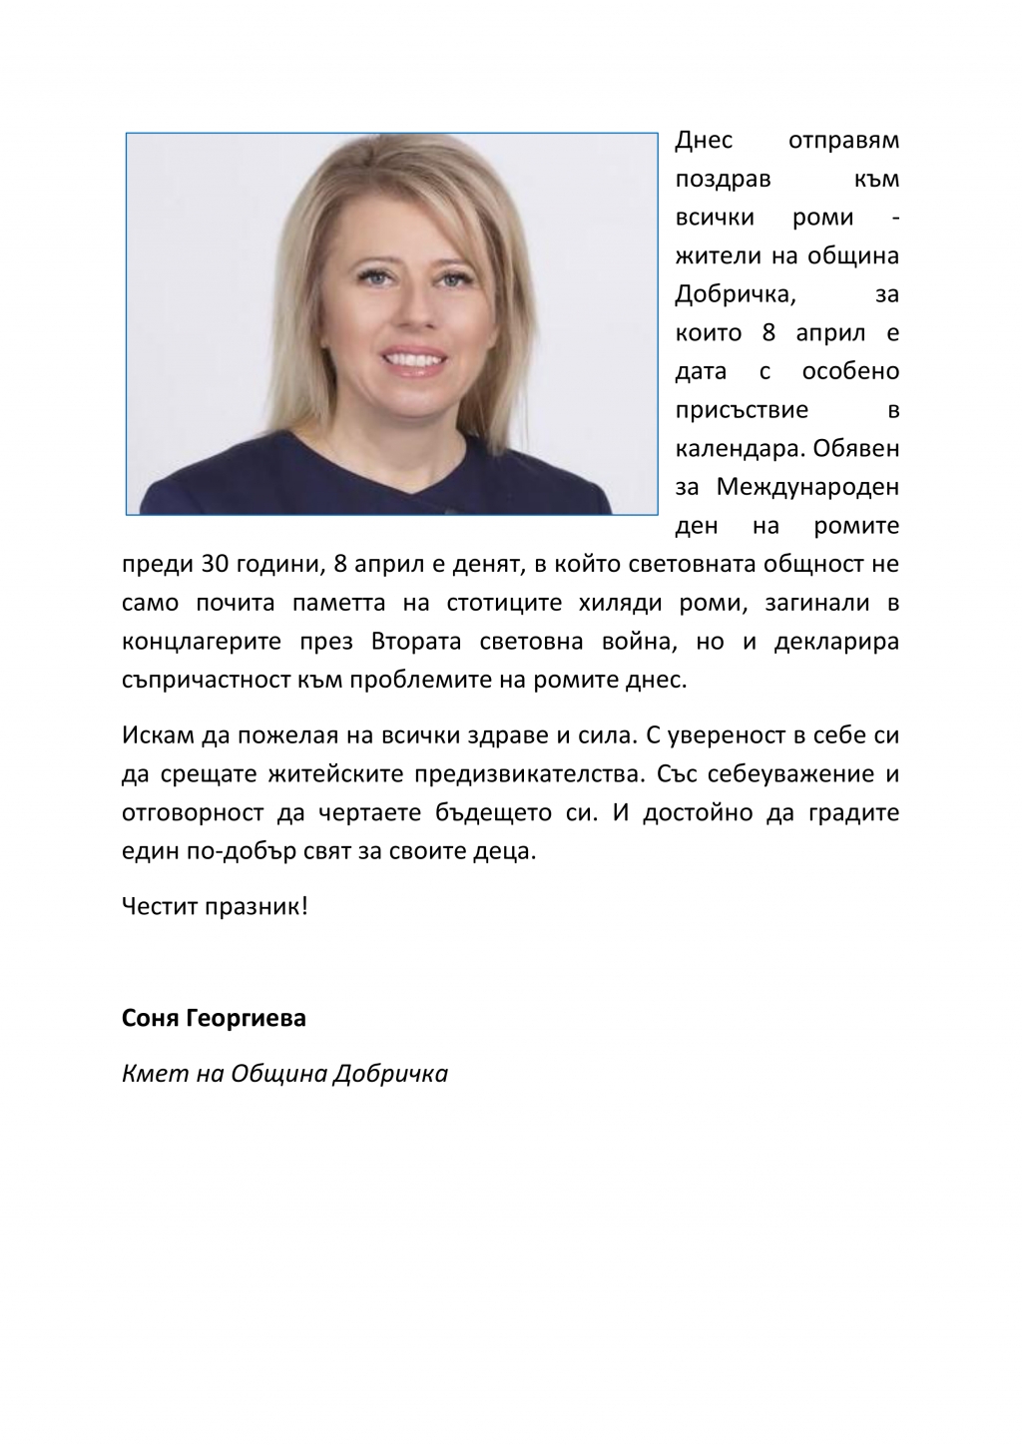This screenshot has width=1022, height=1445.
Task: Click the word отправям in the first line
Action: point(843,141)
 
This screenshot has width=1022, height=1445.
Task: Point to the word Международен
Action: point(807,488)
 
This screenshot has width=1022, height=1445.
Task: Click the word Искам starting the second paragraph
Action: point(155,735)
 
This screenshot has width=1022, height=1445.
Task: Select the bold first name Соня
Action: point(151,1019)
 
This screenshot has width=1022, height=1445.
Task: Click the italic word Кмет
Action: point(150,1075)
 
